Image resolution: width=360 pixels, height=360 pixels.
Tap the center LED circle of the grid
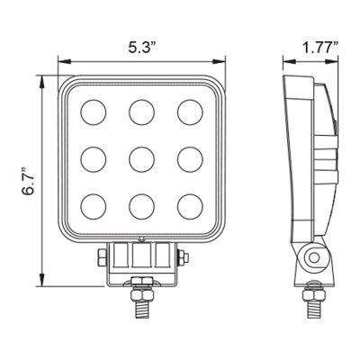point(141,161)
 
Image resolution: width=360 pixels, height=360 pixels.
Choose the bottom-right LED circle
point(190,210)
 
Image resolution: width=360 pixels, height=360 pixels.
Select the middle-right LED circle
point(190,161)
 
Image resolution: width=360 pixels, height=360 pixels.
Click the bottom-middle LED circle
point(141,210)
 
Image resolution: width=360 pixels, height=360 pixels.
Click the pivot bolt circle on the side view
point(312,258)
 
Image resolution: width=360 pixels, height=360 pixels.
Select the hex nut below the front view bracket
point(141,292)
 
